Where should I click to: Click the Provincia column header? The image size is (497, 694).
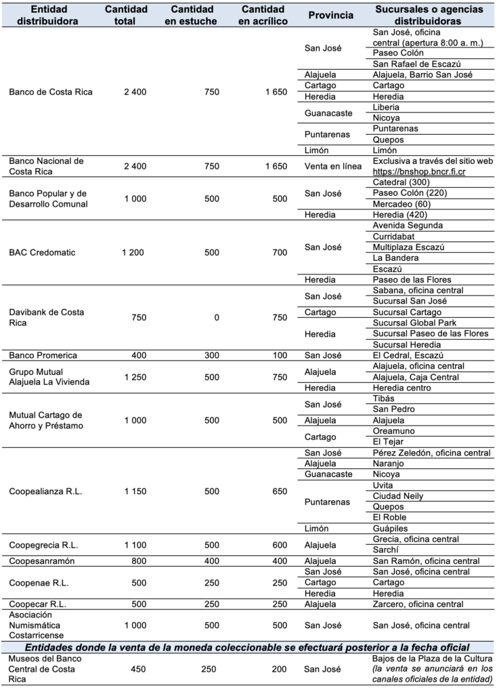330,15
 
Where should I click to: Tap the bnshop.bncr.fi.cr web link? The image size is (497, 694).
419,172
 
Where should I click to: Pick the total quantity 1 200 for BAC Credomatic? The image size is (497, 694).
134,253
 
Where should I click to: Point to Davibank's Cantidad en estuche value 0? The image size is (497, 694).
216,317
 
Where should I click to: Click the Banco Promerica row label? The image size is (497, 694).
43,355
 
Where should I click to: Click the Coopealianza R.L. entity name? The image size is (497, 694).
46,491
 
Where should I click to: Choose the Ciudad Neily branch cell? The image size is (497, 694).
398,496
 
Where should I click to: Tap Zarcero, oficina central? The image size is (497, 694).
418,605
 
